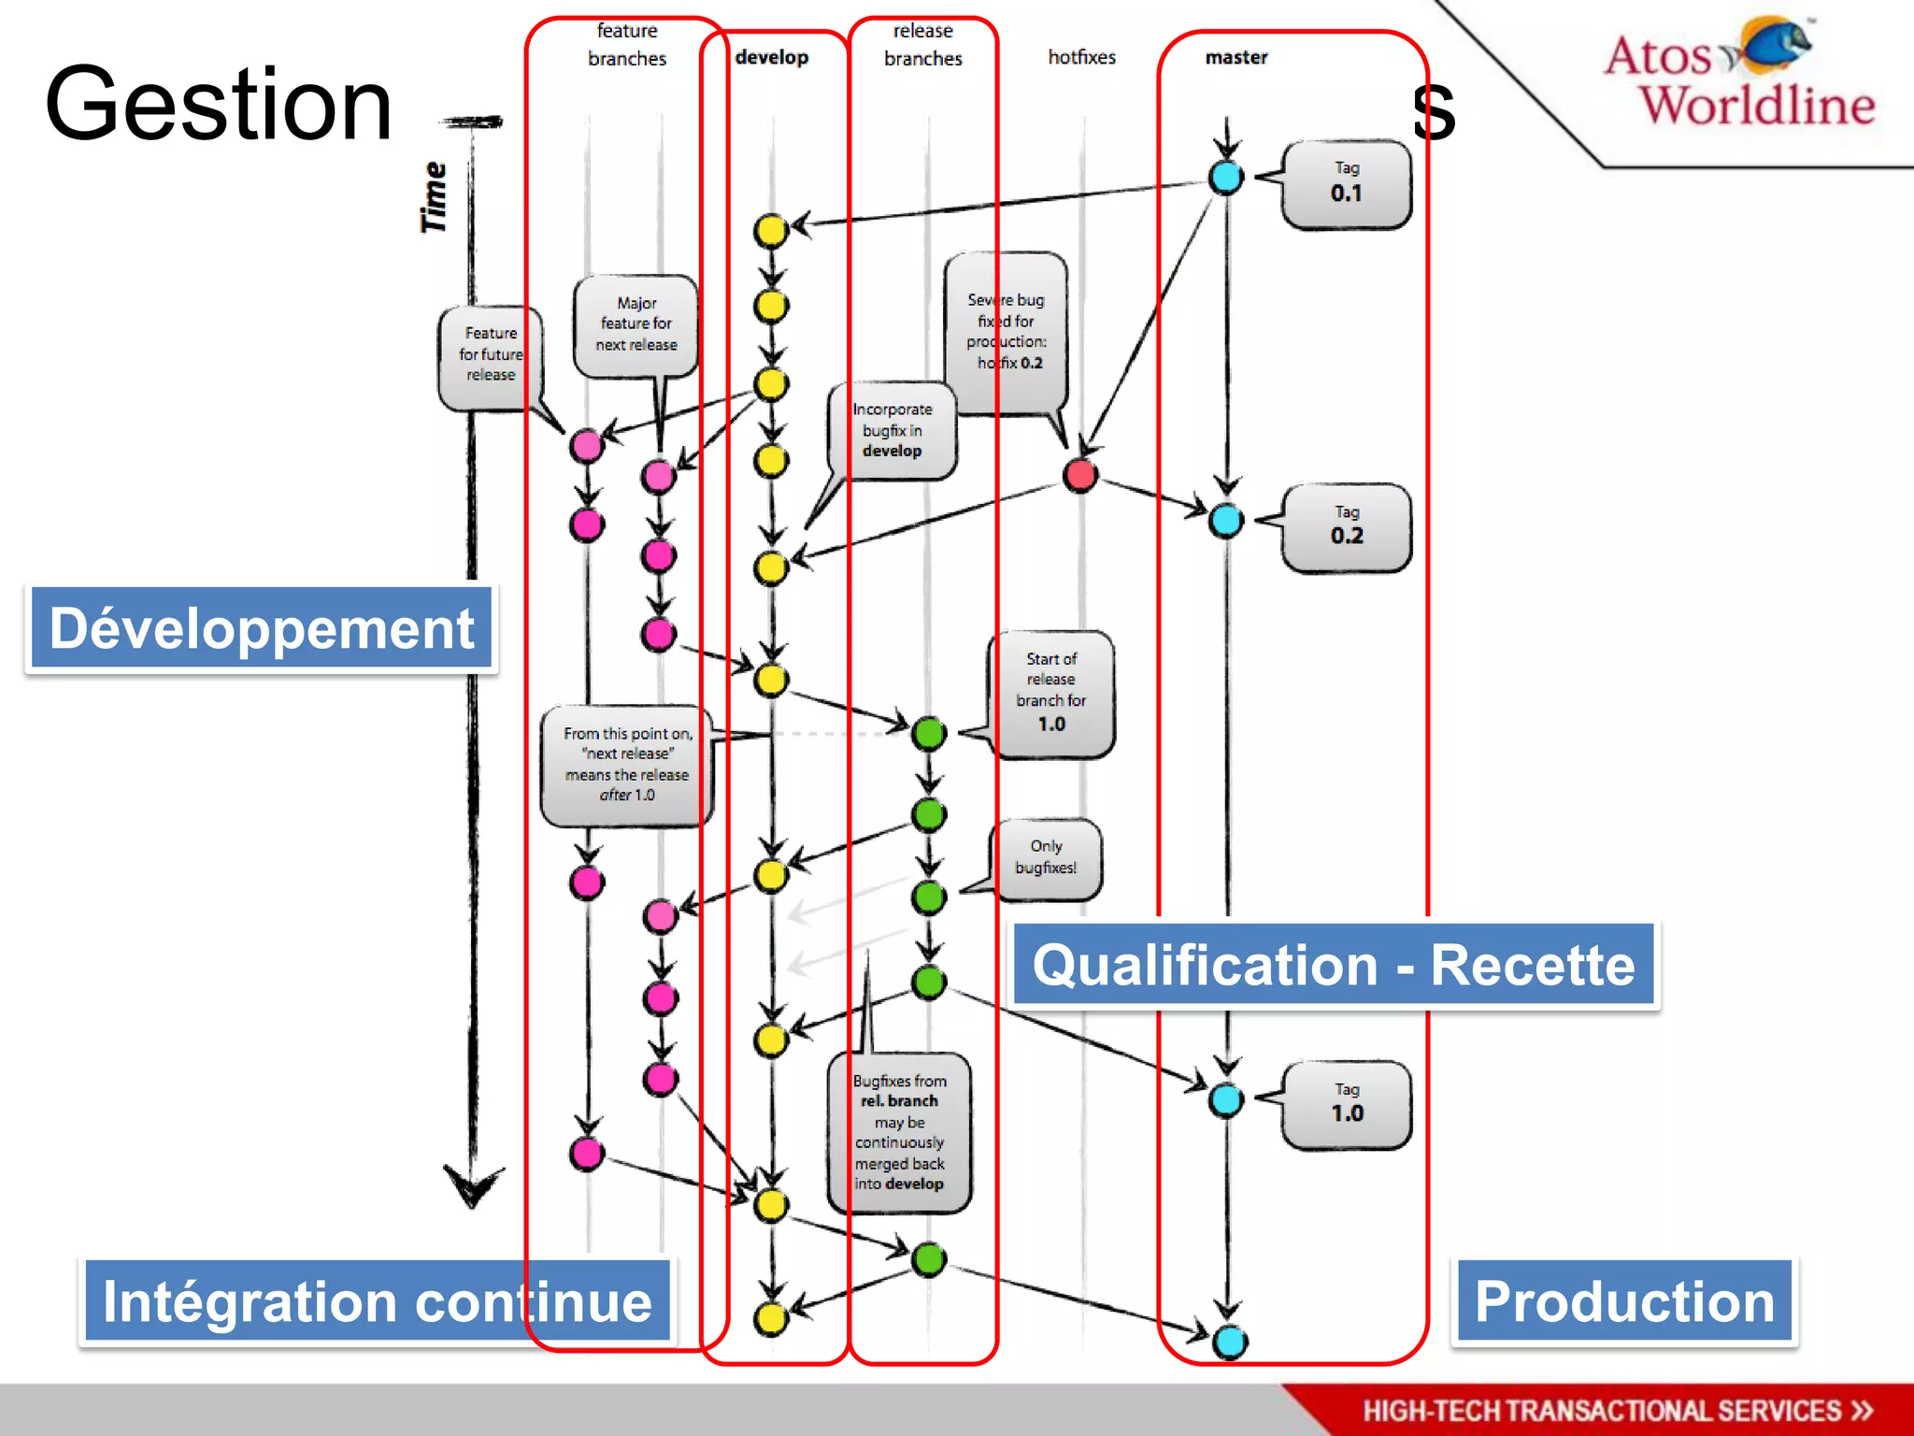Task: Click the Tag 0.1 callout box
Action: click(1346, 184)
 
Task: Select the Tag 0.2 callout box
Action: click(1346, 527)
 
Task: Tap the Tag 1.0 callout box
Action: click(1346, 1104)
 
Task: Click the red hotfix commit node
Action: click(1080, 475)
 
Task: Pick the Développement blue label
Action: click(262, 628)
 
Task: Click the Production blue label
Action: click(1624, 1301)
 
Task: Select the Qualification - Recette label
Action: click(1334, 965)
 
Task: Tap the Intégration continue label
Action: click(377, 1301)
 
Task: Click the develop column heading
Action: click(771, 58)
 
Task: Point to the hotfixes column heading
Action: click(1081, 58)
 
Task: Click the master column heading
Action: click(1236, 58)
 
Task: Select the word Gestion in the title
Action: click(218, 105)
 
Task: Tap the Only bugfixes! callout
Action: click(1046, 858)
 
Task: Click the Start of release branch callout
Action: click(1051, 693)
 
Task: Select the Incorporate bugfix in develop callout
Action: click(893, 430)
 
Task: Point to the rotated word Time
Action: click(434, 197)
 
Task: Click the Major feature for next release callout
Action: click(636, 324)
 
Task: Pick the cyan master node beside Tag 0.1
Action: click(1226, 177)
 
